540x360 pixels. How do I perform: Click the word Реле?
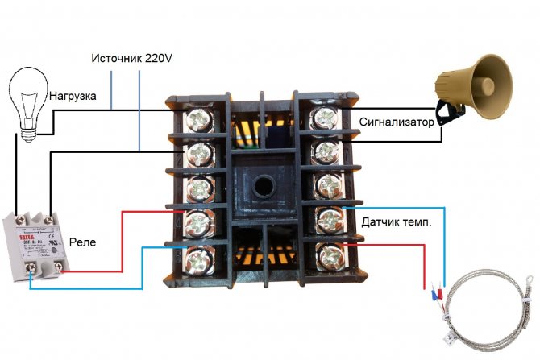(x=84, y=241)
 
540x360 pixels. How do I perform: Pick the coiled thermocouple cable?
(x=488, y=310)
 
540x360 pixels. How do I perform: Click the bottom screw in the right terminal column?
(x=329, y=257)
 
